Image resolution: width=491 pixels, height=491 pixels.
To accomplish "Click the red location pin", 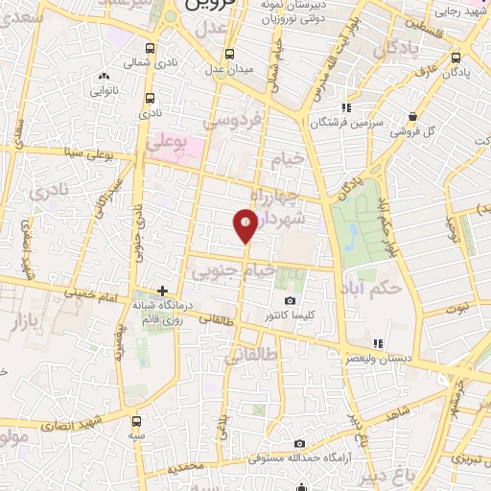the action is pyautogui.click(x=245, y=226).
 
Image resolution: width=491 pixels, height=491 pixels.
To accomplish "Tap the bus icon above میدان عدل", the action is pyautogui.click(x=229, y=54).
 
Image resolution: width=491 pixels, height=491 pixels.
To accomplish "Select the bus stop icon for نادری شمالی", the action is pyautogui.click(x=150, y=48).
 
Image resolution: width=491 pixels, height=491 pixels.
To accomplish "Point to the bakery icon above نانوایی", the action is pyautogui.click(x=104, y=75).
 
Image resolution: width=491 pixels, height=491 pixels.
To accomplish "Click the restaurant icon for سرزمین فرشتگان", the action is pyautogui.click(x=347, y=107).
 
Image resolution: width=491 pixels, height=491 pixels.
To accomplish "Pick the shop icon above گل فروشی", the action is pyautogui.click(x=413, y=116).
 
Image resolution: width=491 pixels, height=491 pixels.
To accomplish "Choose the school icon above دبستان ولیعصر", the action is pyautogui.click(x=379, y=342).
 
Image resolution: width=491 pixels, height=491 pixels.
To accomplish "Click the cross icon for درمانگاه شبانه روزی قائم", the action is pyautogui.click(x=163, y=290).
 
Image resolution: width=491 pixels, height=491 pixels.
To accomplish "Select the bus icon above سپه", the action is pyautogui.click(x=139, y=420).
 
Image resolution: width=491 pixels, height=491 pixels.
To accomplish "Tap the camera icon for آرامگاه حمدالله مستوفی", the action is pyautogui.click(x=300, y=443).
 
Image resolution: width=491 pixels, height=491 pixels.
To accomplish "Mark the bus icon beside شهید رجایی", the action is pyautogui.click(x=425, y=12).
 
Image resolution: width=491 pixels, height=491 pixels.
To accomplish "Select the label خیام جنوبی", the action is pyautogui.click(x=235, y=272).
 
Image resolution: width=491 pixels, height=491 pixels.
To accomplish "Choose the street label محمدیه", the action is pyautogui.click(x=186, y=468).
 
